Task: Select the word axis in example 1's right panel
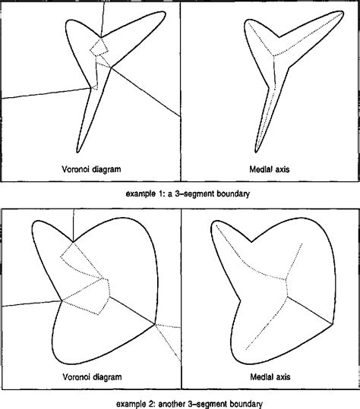click(282, 169)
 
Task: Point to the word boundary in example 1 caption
click(233, 194)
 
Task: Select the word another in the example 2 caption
click(172, 404)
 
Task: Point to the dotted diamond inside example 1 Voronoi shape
click(99, 47)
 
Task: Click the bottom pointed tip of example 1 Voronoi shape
click(77, 153)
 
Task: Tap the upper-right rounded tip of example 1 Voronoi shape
click(165, 14)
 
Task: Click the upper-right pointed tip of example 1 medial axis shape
click(343, 12)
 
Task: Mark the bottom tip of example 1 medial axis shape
click(256, 153)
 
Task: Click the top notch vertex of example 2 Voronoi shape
click(73, 242)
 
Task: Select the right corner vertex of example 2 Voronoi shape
click(155, 324)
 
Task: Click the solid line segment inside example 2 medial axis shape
click(310, 310)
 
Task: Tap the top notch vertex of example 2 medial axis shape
click(251, 242)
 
